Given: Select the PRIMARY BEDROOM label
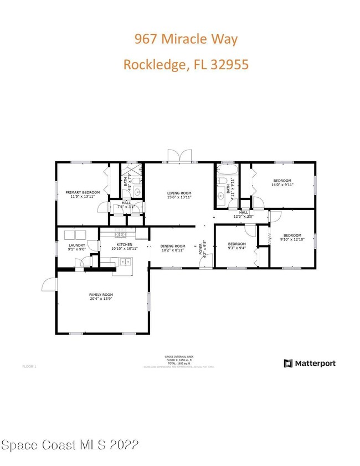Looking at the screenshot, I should click(x=83, y=192).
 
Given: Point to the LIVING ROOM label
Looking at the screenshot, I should click(x=179, y=193).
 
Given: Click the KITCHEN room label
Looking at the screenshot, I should click(x=124, y=244).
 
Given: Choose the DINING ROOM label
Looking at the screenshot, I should click(x=173, y=246).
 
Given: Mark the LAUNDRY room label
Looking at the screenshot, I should click(x=76, y=245).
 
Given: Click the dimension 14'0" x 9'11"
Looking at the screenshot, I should click(x=282, y=185).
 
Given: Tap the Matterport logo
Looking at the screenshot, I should click(x=310, y=363).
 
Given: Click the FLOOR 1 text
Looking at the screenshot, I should click(x=29, y=366).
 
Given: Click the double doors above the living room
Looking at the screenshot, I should click(x=179, y=156).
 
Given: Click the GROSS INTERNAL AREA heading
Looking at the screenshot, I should click(x=179, y=357).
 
